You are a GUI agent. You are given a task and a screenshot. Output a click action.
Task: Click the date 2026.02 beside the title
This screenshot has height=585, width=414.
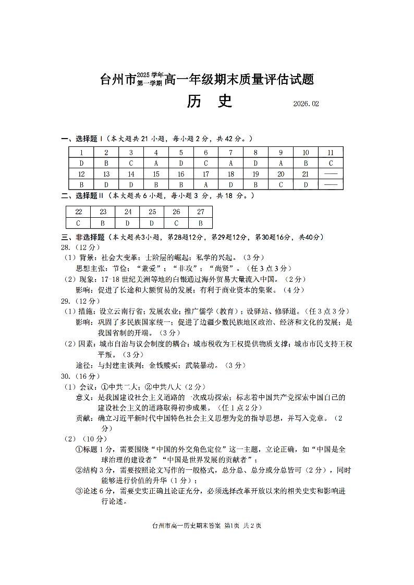[306, 104]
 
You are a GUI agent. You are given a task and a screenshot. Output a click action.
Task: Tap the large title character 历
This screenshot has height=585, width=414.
[194, 101]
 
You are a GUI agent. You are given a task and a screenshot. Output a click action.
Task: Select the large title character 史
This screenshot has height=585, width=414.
[225, 101]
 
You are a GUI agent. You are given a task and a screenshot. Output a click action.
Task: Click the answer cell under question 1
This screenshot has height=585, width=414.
[81, 163]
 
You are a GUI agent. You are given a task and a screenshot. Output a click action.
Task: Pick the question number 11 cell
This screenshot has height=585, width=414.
[331, 153]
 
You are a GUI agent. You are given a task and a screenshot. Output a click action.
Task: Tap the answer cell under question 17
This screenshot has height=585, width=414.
[206, 184]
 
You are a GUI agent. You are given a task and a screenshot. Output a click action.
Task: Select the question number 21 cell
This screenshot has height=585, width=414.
[306, 174]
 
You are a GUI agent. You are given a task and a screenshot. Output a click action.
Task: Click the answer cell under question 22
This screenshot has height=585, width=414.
[78, 223]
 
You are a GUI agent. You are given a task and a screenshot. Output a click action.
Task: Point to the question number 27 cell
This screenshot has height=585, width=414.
[200, 212]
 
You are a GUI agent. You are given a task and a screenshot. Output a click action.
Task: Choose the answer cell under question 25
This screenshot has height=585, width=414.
[152, 223]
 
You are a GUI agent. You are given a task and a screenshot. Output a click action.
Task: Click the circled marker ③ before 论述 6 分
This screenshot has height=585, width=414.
[79, 491]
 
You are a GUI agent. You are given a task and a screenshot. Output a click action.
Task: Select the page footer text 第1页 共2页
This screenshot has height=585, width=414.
[242, 526]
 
